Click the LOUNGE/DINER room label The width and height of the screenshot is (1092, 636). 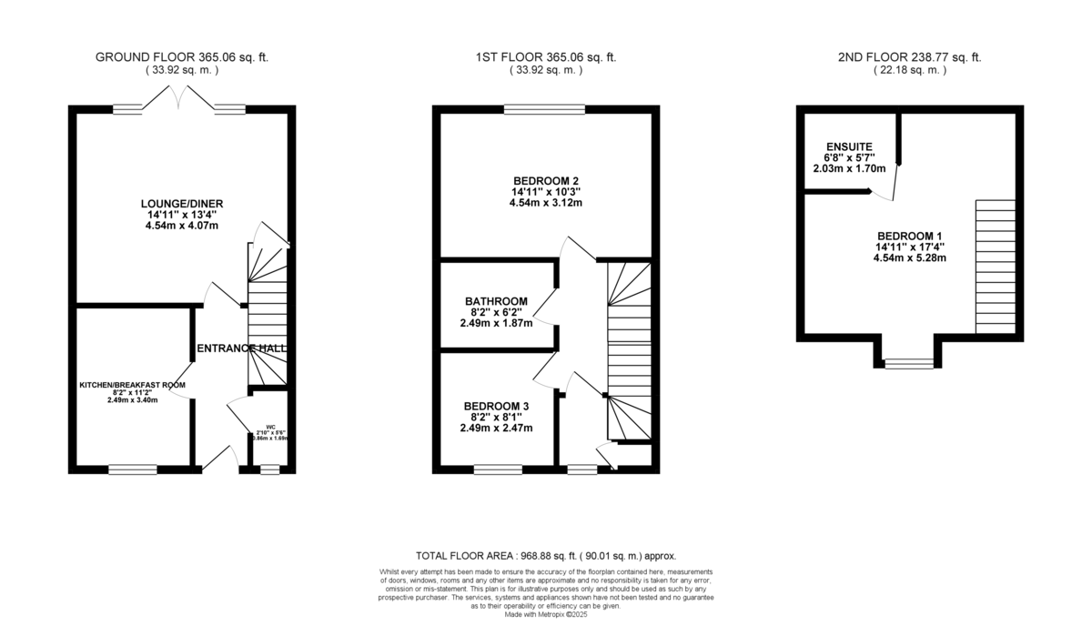182,203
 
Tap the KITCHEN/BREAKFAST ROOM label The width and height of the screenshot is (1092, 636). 133,385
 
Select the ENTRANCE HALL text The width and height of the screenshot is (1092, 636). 242,348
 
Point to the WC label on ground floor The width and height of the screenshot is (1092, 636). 270,426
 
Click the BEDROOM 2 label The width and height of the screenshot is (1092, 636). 546,180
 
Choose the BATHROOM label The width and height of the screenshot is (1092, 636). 496,301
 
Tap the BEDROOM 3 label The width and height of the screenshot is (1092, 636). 497,406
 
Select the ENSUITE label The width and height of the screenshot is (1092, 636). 849,146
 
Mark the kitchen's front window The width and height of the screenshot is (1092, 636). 134,469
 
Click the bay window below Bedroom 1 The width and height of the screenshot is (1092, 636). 909,364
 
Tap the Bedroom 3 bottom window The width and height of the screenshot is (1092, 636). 498,469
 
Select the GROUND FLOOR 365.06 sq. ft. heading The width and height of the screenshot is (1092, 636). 182,57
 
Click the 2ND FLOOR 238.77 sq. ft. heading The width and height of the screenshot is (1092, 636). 909,57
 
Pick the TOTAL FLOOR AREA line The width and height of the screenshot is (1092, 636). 546,555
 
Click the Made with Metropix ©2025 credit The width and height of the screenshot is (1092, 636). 546,614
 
